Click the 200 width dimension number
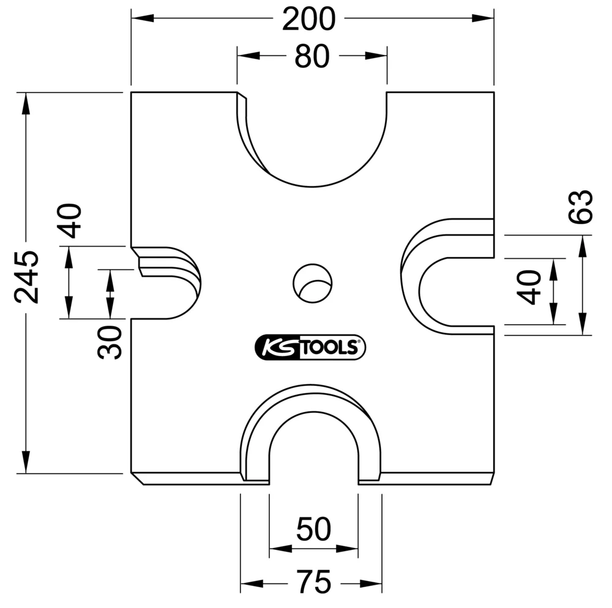tap(308, 20)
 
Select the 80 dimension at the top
tap(312, 57)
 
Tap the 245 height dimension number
tap(27, 276)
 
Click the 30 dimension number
tap(111, 342)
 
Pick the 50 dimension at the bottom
tap(313, 529)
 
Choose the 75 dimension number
tap(313, 582)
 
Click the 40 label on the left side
tap(71, 220)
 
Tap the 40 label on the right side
tap(529, 287)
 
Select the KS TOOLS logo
tap(310, 347)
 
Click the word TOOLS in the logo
tap(329, 347)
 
